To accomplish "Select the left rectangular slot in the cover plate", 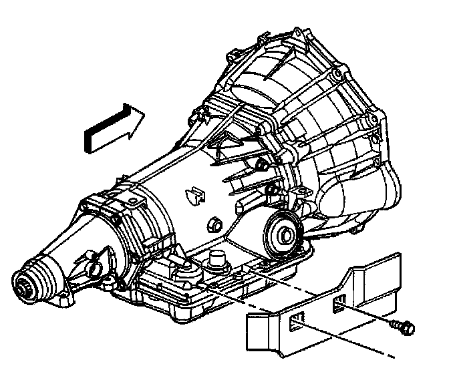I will pos(298,324).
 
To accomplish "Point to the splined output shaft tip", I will pos(24,288).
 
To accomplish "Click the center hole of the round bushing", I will pos(283,233).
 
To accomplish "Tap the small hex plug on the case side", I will pos(215,224).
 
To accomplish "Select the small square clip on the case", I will pos(194,194).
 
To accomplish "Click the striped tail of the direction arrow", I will pos(97,137).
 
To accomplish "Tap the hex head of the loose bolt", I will pos(408,328).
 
